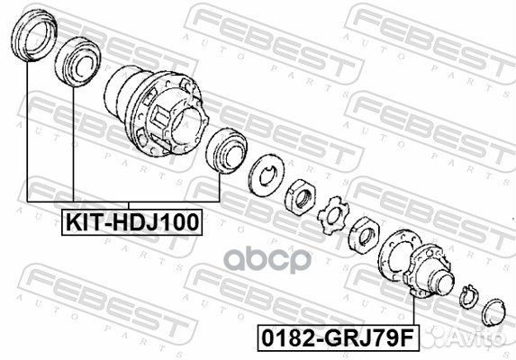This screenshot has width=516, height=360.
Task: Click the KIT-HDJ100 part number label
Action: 131,220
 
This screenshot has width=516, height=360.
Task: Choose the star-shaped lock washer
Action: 334,214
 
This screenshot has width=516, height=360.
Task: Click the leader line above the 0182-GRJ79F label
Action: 412,310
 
